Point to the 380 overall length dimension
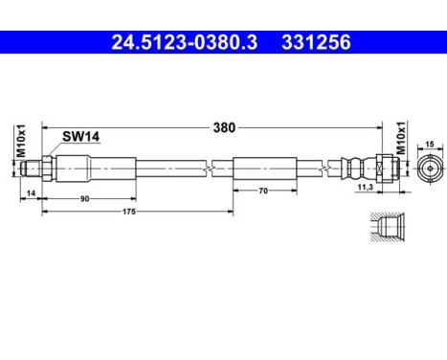coord(223,126)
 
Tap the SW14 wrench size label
coord(79,137)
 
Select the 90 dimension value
coord(84,198)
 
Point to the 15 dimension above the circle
coord(428,145)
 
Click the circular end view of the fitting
coord(428,169)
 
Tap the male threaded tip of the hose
coord(29,169)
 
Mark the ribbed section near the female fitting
coord(352,169)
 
